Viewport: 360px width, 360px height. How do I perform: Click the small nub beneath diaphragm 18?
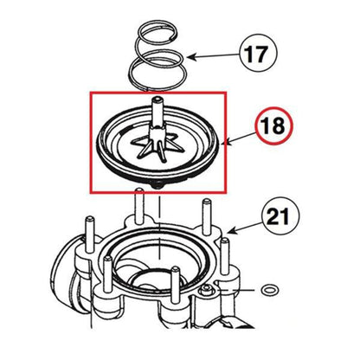[158, 186]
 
